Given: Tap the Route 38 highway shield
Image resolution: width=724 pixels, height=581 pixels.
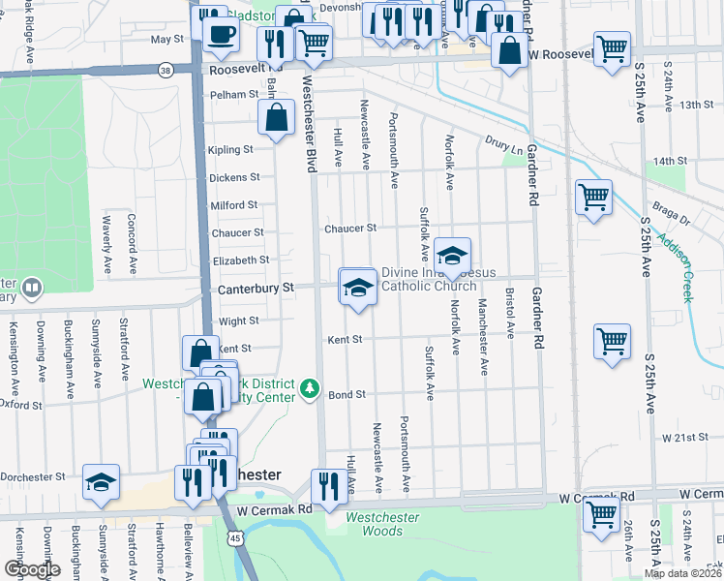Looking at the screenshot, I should pyautogui.click(x=166, y=70).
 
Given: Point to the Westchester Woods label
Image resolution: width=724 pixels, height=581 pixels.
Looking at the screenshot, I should pyautogui.click(x=383, y=524).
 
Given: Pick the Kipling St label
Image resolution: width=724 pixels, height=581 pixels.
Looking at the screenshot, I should pyautogui.click(x=230, y=150).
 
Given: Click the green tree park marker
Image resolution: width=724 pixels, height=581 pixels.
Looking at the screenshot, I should pyautogui.click(x=310, y=389).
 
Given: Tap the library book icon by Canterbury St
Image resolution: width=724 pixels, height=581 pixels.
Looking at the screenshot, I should pyautogui.click(x=32, y=289).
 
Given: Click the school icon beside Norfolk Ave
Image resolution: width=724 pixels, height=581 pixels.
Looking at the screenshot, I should pyautogui.click(x=451, y=257).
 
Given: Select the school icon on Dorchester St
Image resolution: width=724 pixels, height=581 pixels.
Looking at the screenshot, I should pyautogui.click(x=101, y=481).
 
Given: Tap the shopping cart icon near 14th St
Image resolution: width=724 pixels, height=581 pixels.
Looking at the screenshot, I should pyautogui.click(x=593, y=198).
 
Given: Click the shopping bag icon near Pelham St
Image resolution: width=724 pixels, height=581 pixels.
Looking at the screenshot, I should pyautogui.click(x=277, y=116).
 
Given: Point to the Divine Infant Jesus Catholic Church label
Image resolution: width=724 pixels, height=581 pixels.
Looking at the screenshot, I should pyautogui.click(x=429, y=279).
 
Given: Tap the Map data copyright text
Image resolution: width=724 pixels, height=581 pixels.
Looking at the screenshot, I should pyautogui.click(x=681, y=573).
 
